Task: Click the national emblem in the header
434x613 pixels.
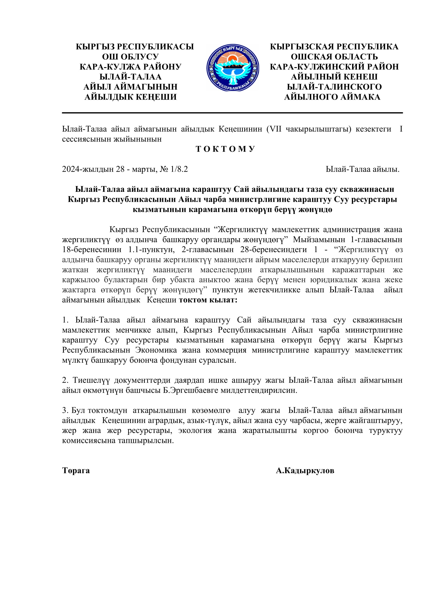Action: (x=232, y=68)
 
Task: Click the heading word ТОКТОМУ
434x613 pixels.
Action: (x=226, y=149)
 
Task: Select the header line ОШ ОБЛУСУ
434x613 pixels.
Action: (x=130, y=57)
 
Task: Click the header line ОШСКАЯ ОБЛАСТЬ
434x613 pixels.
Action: (x=334, y=57)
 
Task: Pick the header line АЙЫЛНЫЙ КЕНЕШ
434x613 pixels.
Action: (x=334, y=77)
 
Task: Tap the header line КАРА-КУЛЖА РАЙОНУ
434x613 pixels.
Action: (x=130, y=67)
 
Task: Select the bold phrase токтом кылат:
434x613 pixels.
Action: (x=208, y=300)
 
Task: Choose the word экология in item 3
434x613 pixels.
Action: (x=195, y=430)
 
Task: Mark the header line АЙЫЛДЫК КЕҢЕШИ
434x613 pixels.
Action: (x=130, y=97)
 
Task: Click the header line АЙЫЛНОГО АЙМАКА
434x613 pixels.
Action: (x=332, y=97)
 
